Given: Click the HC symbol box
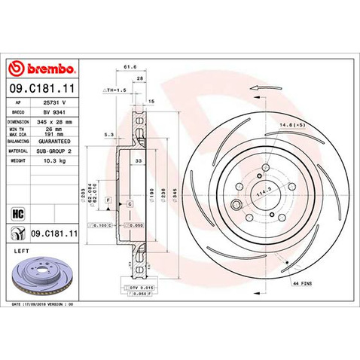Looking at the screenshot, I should [x=15, y=212].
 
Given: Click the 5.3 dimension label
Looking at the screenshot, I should [x=109, y=136].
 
